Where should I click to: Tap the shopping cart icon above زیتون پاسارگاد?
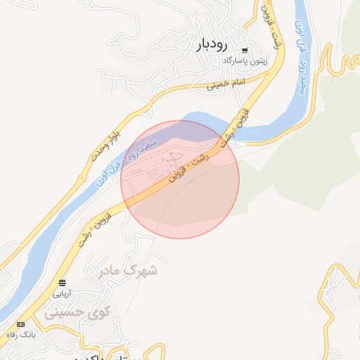(245, 51)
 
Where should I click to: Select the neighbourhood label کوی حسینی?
(75, 313)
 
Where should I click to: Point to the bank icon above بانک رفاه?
(20, 324)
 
